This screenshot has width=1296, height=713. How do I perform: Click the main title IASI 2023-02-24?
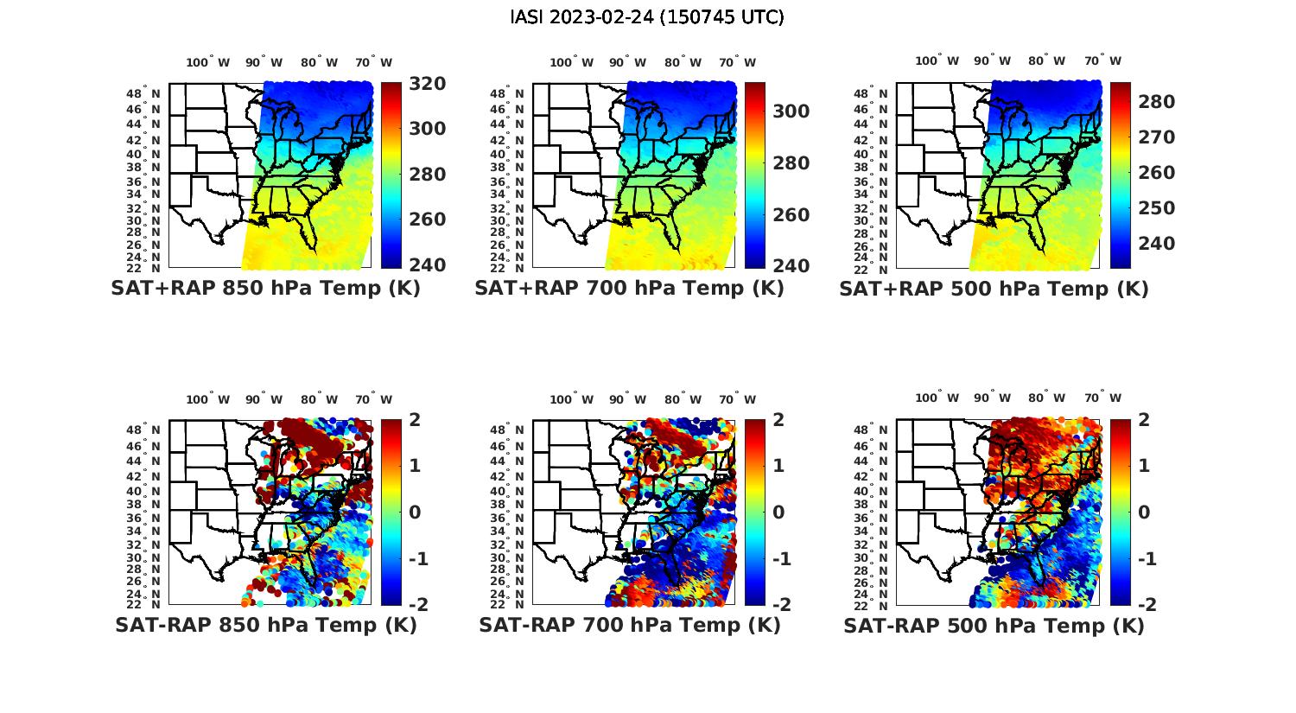647,17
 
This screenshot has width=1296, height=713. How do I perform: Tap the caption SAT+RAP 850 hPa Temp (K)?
265,288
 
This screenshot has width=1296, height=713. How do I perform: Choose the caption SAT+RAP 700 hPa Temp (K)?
629,288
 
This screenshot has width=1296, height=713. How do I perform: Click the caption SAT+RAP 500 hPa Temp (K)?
994,289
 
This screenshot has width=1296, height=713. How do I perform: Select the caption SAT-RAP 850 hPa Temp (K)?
265,625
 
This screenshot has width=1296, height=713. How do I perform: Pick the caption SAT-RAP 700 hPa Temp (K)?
630,625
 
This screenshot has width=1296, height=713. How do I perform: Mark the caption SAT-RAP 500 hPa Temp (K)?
994,626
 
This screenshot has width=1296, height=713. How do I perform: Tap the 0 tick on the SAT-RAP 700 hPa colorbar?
778,512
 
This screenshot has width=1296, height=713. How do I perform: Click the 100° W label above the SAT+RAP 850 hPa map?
207,62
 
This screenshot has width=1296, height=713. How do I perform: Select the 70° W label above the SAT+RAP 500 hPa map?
1102,61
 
